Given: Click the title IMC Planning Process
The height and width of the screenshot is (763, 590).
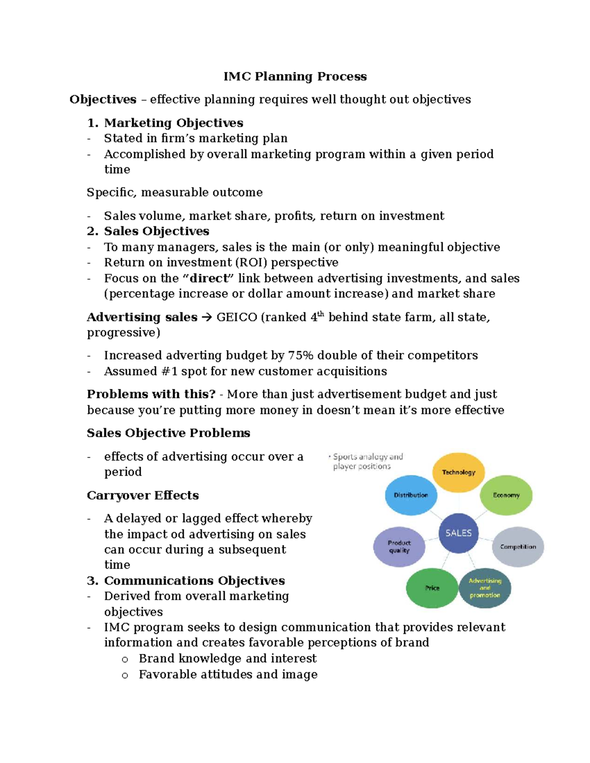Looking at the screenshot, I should [x=295, y=77].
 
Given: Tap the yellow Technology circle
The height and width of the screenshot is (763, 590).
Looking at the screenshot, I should [x=458, y=472].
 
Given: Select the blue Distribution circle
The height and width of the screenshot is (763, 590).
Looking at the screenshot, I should [x=411, y=495].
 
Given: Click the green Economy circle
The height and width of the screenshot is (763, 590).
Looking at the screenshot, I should [x=506, y=495].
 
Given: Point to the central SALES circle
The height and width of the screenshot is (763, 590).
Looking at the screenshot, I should [x=458, y=533].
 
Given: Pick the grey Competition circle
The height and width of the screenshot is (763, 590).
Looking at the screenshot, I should [x=518, y=547].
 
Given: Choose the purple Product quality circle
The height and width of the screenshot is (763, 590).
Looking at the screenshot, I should [x=399, y=547].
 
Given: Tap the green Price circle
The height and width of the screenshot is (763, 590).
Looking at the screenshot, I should [x=432, y=588].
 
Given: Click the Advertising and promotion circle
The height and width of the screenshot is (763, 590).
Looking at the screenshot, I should [x=485, y=588].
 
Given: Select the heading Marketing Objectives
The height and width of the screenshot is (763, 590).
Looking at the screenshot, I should [x=174, y=123].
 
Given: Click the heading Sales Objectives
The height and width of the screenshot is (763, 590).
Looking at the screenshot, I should [x=156, y=231].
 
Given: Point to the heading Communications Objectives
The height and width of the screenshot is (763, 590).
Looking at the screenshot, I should [x=194, y=581].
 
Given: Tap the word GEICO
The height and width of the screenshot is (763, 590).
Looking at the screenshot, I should [x=236, y=317].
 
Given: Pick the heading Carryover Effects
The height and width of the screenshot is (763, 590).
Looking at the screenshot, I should [x=143, y=495].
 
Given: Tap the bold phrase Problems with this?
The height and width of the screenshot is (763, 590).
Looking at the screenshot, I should [x=151, y=395].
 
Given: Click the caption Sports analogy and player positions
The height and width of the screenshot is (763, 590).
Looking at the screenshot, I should [x=367, y=462].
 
